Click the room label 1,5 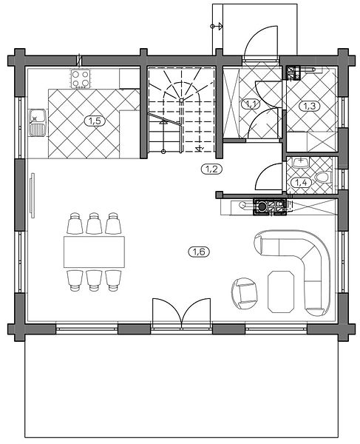pos(95,121)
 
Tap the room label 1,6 pos(199,252)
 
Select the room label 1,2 pos(211,169)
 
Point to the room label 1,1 pos(251,104)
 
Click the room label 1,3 pos(310,106)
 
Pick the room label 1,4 pos(301,183)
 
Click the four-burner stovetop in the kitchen pos(81,78)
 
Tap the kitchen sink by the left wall pos(37,122)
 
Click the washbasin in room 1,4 pos(301,163)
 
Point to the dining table pos(94,252)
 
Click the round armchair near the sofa pos(245,293)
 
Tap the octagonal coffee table pos(281,292)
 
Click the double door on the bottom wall pos(181,314)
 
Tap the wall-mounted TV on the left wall pos(33,195)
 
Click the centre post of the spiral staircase pos(181,99)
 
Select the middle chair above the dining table pos(94,223)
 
